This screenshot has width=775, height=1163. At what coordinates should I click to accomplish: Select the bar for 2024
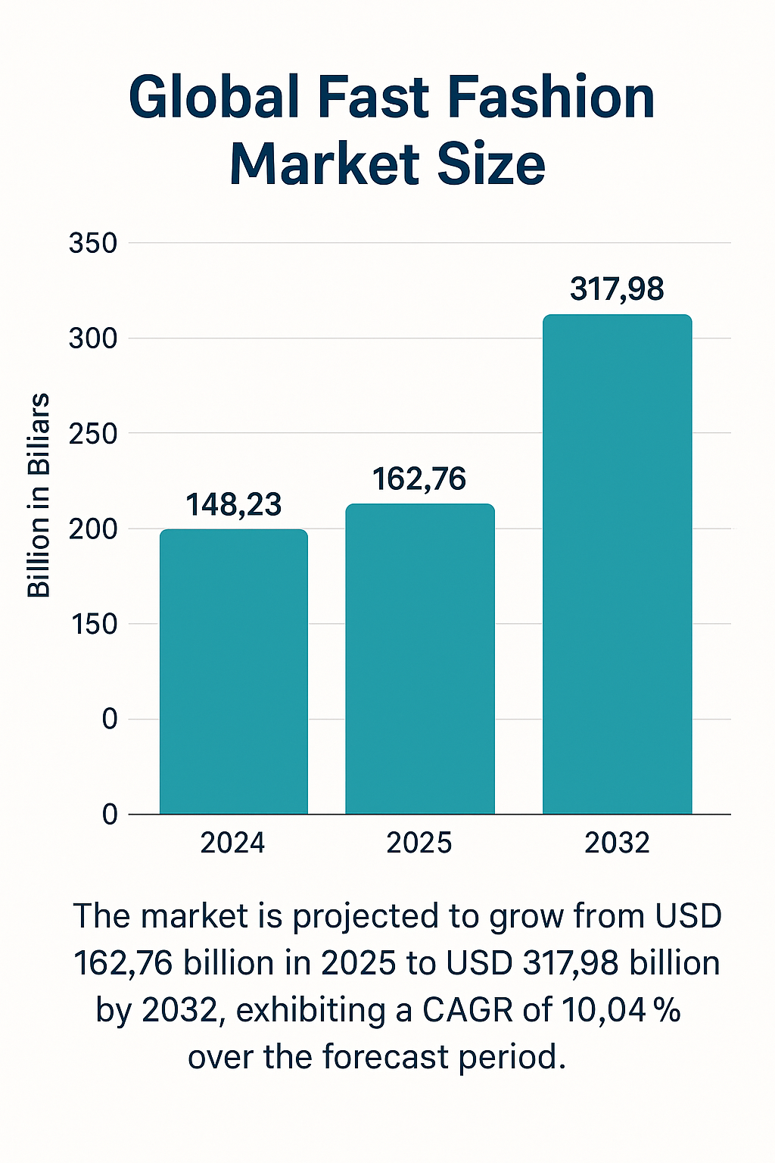(x=234, y=672)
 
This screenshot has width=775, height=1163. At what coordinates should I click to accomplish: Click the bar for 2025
(x=420, y=659)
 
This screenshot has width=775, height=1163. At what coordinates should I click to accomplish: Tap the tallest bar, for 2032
(x=618, y=564)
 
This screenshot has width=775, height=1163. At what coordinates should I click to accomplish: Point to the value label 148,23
(x=234, y=505)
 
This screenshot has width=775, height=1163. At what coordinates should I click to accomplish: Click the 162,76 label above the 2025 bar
(x=419, y=479)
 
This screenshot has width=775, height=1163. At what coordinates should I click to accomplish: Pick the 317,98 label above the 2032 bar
(x=617, y=289)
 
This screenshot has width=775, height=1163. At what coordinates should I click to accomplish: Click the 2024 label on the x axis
(x=233, y=843)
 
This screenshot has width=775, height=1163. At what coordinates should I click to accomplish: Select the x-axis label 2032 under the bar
(x=617, y=843)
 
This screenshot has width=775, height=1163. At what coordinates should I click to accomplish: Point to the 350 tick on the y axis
(x=93, y=244)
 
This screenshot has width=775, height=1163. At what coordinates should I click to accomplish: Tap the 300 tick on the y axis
(x=93, y=338)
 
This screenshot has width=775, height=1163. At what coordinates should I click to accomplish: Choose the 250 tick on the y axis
(x=93, y=434)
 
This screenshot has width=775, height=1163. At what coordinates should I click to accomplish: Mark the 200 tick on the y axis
(x=93, y=528)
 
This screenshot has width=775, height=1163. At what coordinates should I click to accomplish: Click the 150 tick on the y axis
(x=93, y=624)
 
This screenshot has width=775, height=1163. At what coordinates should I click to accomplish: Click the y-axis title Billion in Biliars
(x=39, y=496)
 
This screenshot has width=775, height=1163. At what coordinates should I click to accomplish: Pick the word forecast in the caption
(x=387, y=1057)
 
